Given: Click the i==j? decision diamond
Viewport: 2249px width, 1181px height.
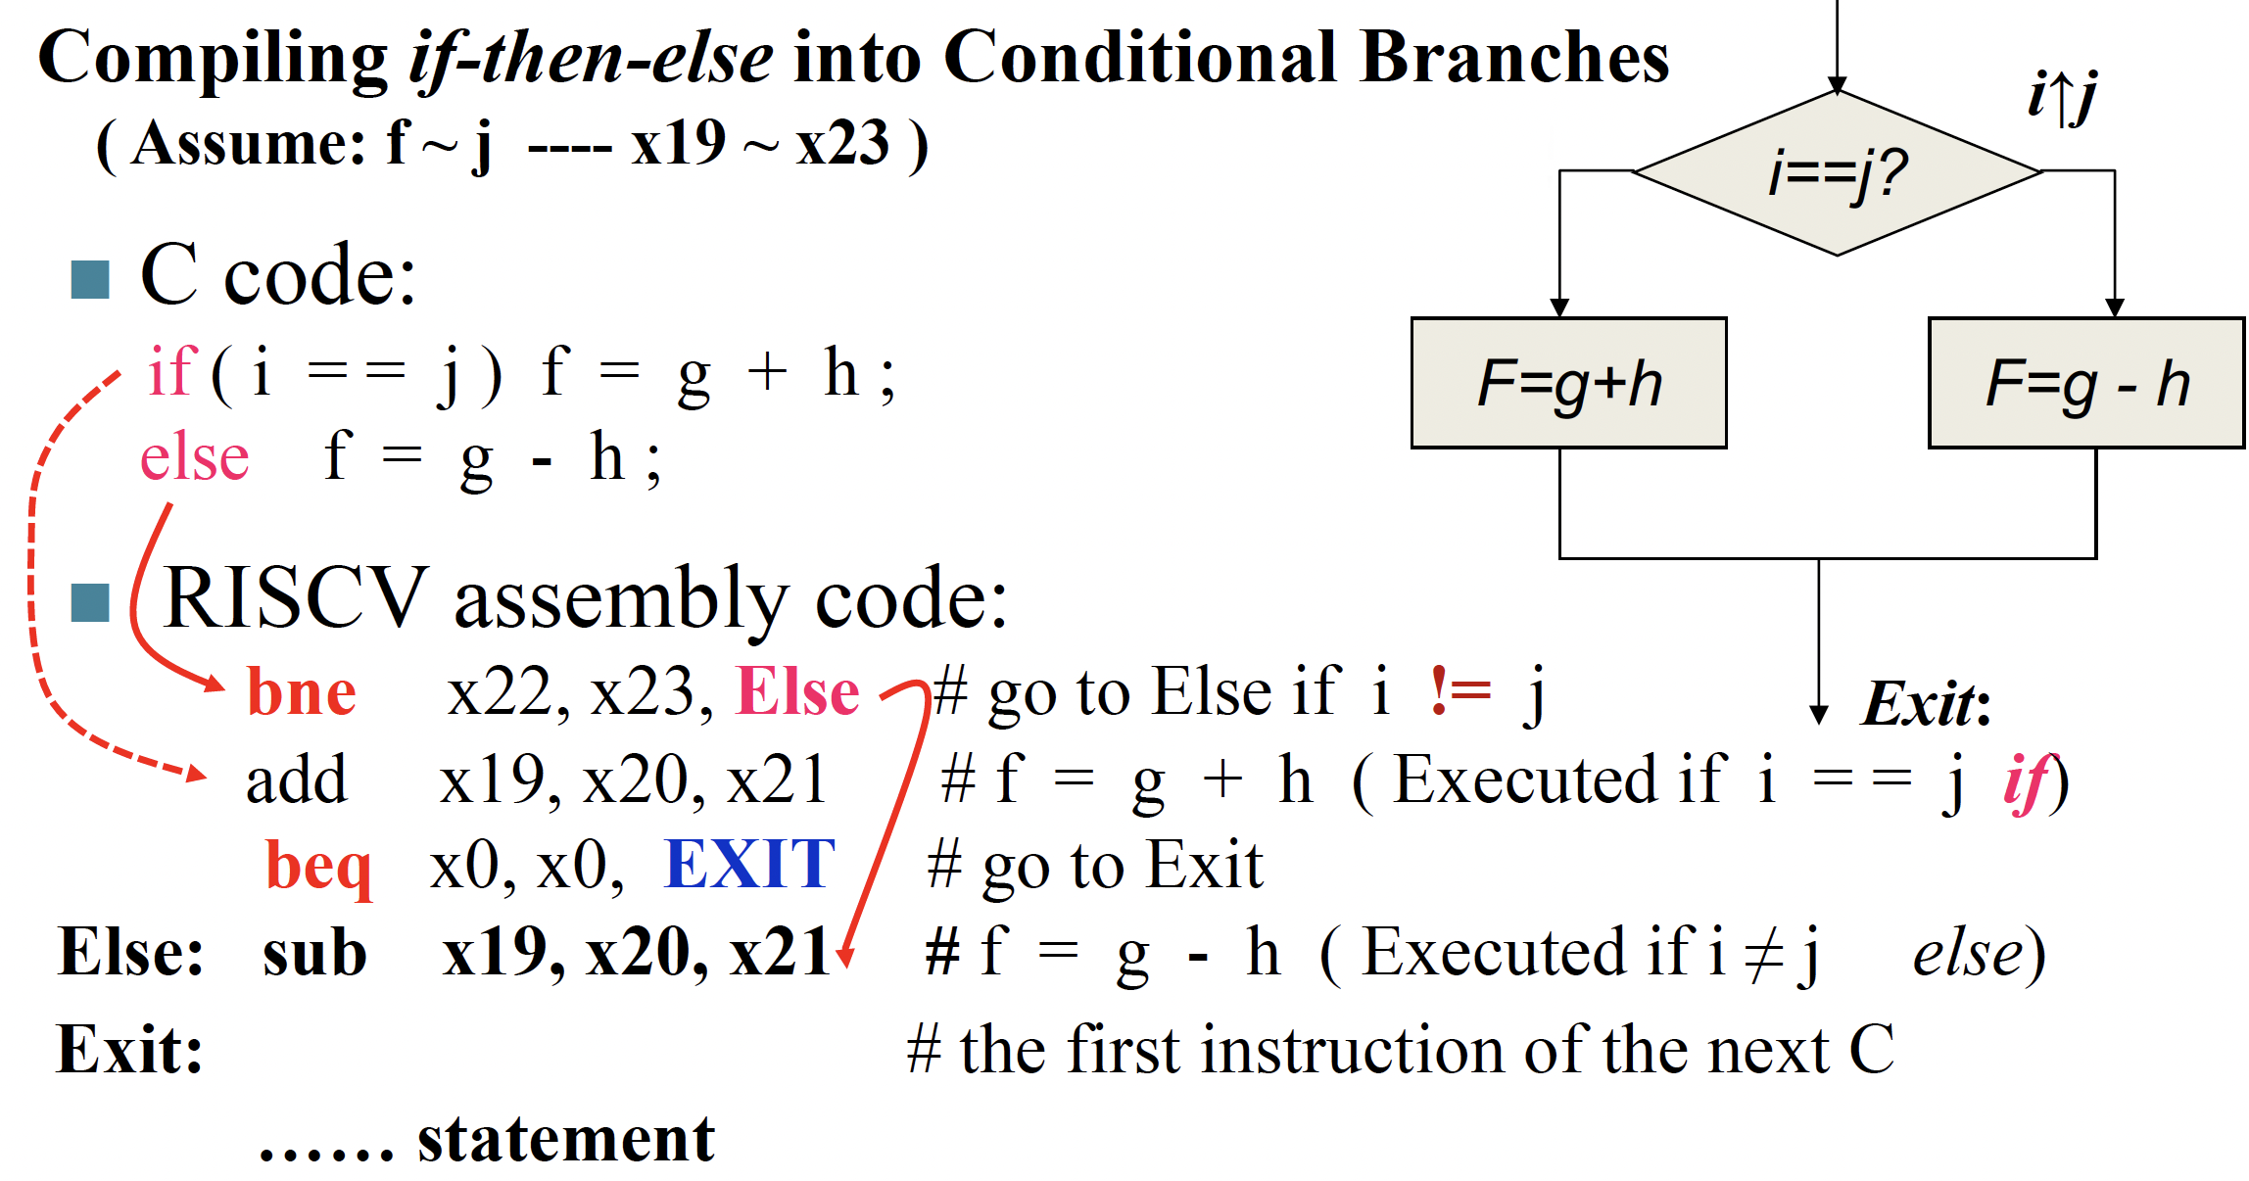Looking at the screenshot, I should point(1837,172).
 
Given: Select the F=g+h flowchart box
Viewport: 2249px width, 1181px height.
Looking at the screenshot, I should point(1568,383).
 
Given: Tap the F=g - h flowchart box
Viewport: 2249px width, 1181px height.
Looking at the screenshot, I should point(2085,383).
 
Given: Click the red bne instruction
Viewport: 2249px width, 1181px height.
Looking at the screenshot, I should point(302,692).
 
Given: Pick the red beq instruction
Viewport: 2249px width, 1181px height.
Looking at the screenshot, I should point(318,867).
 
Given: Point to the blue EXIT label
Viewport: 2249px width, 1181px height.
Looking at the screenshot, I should point(749,865).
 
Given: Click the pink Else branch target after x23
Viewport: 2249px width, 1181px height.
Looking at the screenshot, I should point(797,692).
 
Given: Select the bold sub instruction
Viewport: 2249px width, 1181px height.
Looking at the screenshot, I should point(314,953).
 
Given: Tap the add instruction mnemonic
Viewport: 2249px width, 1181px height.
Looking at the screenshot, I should point(296,780).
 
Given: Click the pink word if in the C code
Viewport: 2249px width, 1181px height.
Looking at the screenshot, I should point(172,372).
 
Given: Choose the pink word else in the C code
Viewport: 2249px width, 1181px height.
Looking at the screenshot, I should point(194,458).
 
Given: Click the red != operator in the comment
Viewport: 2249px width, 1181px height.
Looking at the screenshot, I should point(1460,690).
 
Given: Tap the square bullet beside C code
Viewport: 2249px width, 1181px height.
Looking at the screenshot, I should point(90,280).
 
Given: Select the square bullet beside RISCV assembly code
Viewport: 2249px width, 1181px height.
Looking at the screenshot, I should point(90,603).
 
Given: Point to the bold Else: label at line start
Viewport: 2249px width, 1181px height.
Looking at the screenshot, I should point(131,953).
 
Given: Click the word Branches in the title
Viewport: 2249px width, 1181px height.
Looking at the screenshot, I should point(1514,58).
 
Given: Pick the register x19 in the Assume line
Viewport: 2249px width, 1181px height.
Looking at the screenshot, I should point(678,144).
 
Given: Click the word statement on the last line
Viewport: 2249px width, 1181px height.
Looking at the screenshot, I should point(566,1139).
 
